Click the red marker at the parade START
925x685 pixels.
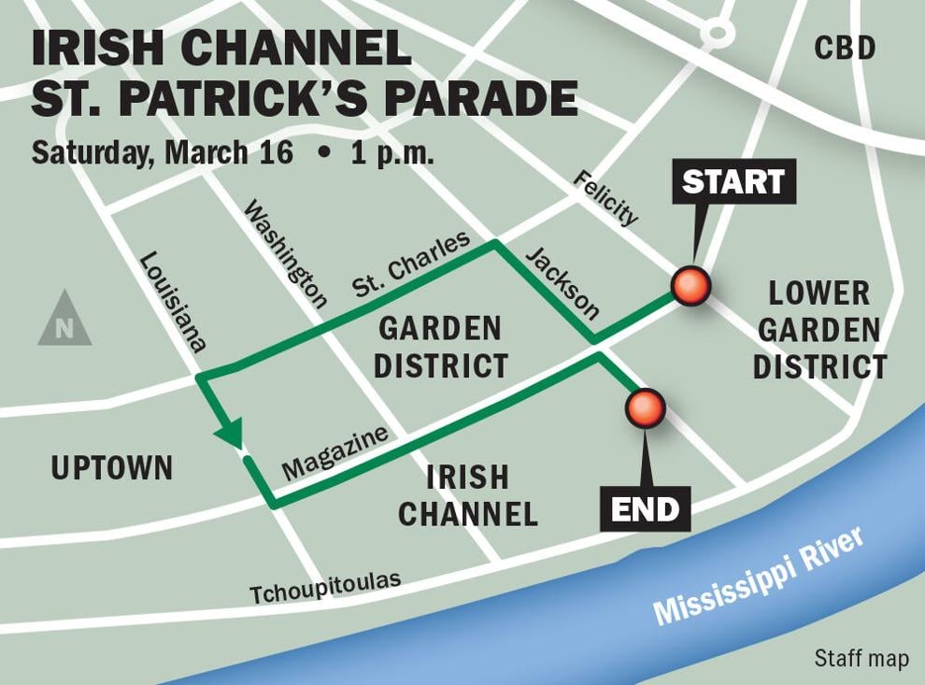[692, 286]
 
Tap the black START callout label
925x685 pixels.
[733, 181]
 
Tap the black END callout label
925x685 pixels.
[644, 509]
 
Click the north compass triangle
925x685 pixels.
[64, 320]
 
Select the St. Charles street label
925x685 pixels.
[411, 264]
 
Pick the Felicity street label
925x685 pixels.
[605, 198]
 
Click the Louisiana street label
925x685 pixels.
[172, 301]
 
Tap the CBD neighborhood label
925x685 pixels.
[845, 48]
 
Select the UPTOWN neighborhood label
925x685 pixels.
[112, 468]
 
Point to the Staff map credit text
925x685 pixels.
[861, 659]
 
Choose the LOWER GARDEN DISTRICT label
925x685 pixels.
[819, 330]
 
